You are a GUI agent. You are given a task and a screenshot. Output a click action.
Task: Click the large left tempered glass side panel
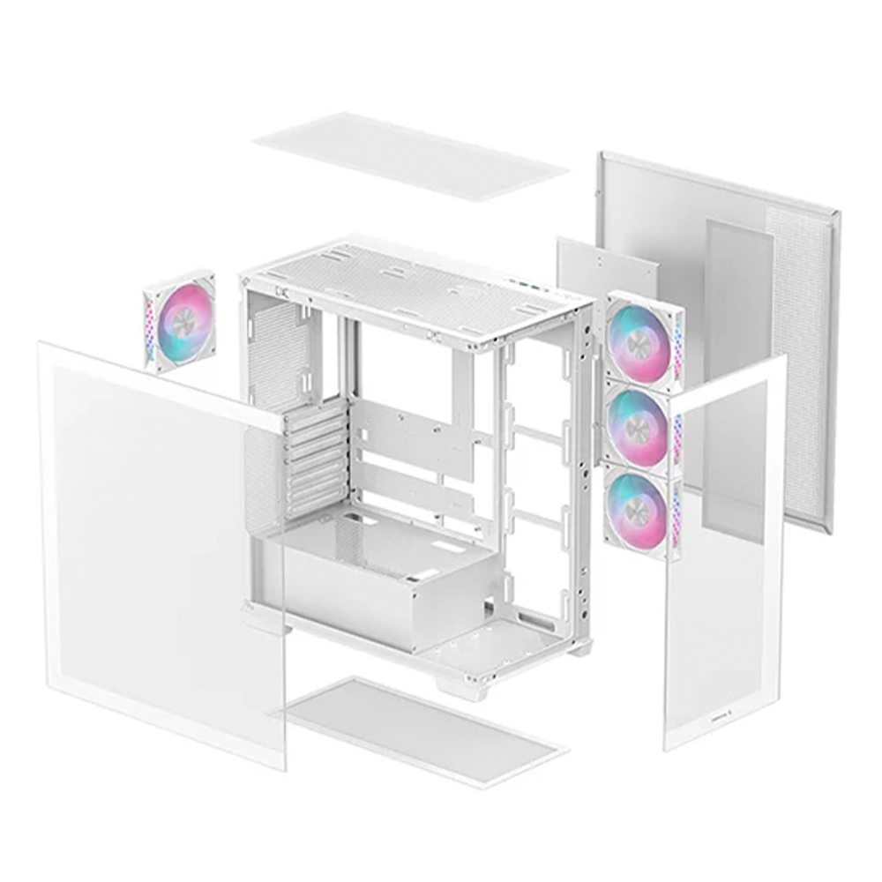click(x=159, y=547)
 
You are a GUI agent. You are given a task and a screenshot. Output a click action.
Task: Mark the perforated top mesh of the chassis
click(x=415, y=282)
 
